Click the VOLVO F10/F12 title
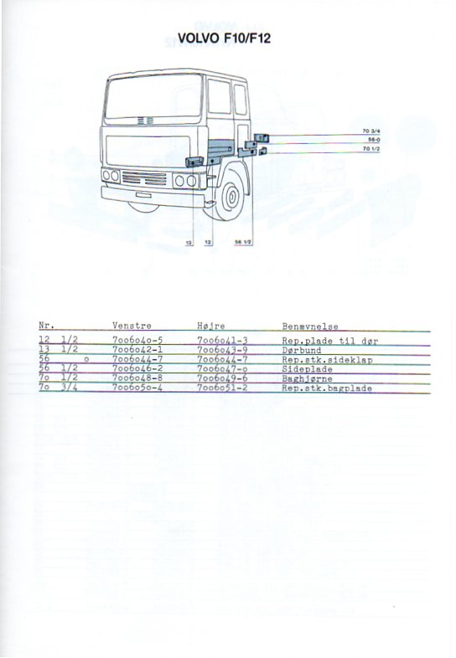[x=224, y=39]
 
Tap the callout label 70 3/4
[x=371, y=131]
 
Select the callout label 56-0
[x=374, y=140]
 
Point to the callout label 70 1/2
[x=371, y=149]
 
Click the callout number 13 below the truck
[x=189, y=243]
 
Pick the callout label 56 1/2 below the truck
[x=243, y=243]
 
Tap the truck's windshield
[x=153, y=96]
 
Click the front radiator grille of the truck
[x=143, y=178]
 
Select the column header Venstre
[x=132, y=326]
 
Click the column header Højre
[x=211, y=326]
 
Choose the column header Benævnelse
[x=310, y=326]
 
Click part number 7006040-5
[x=137, y=341]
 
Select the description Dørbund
[x=301, y=351]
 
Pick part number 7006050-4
[x=137, y=388]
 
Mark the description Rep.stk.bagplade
[x=327, y=388]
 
